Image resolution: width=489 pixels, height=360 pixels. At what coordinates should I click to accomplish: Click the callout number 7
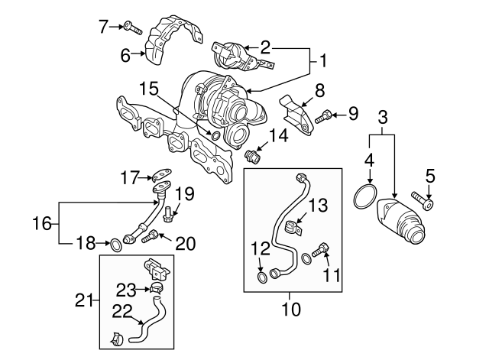point(105,27)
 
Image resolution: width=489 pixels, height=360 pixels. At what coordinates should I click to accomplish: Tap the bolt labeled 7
point(133,28)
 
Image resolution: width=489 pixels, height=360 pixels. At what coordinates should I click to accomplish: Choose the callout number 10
point(291,310)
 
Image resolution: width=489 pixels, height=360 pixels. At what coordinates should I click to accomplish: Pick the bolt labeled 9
point(323,117)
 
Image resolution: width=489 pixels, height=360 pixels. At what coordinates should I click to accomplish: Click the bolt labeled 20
point(152,238)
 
